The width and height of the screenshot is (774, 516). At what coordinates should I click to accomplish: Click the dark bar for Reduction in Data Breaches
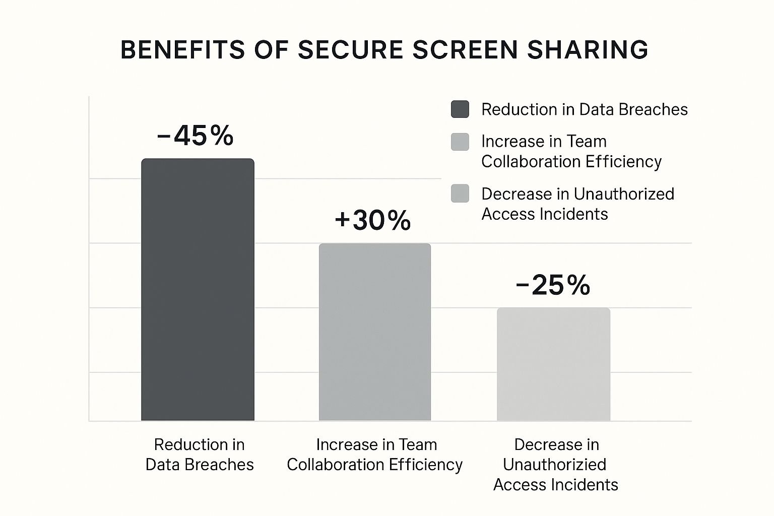(198, 290)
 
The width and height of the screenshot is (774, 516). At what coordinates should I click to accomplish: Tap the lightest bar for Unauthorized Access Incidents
(553, 364)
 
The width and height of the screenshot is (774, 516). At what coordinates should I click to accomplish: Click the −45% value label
(195, 136)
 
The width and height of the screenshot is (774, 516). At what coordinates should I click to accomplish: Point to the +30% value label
(372, 220)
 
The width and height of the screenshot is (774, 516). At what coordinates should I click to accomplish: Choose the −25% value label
(553, 285)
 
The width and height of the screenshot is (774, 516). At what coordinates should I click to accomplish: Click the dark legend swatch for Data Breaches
(460, 109)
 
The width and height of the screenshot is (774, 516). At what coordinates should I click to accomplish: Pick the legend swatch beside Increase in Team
(460, 142)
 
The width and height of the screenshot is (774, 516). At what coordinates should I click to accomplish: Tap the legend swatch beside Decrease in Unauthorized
(460, 193)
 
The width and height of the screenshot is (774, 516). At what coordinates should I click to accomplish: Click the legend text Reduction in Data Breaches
(584, 109)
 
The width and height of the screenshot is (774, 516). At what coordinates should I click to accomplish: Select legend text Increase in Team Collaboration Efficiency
(571, 151)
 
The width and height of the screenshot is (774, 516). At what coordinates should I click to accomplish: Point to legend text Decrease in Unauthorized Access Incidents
(577, 204)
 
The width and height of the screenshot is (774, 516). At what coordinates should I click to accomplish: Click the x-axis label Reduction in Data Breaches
(200, 454)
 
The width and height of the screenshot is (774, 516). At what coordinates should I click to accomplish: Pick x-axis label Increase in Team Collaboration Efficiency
(375, 454)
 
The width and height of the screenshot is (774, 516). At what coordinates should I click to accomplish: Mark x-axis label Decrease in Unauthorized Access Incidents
(555, 464)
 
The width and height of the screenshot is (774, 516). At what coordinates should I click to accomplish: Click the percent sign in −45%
(222, 136)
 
